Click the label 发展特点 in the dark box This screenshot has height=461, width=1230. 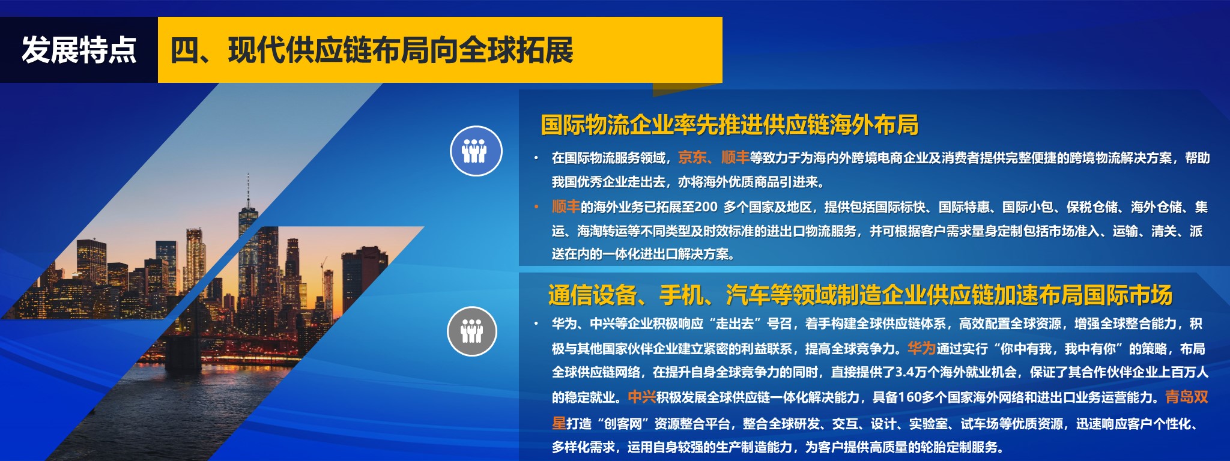tap(79, 50)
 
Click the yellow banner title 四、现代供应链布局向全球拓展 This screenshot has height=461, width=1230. tap(372, 50)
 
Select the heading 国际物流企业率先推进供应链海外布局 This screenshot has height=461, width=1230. tap(729, 125)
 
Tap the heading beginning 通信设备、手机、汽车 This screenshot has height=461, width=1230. tap(860, 295)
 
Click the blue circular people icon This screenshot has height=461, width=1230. tap(476, 151)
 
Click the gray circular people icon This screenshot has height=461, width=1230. tap(472, 331)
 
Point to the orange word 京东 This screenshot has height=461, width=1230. tap(692, 158)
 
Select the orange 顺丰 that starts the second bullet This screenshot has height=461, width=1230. tap(566, 207)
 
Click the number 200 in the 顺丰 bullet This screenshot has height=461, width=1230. tap(706, 207)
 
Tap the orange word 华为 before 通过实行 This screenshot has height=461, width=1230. tap(921, 348)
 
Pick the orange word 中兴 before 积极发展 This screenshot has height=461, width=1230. tap(641, 397)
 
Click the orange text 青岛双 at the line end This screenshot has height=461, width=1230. tap(1187, 397)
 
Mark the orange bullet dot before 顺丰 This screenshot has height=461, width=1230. tap(536, 207)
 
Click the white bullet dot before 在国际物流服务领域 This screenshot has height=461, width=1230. tap(536, 158)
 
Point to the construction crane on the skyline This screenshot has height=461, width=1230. tap(323, 264)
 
